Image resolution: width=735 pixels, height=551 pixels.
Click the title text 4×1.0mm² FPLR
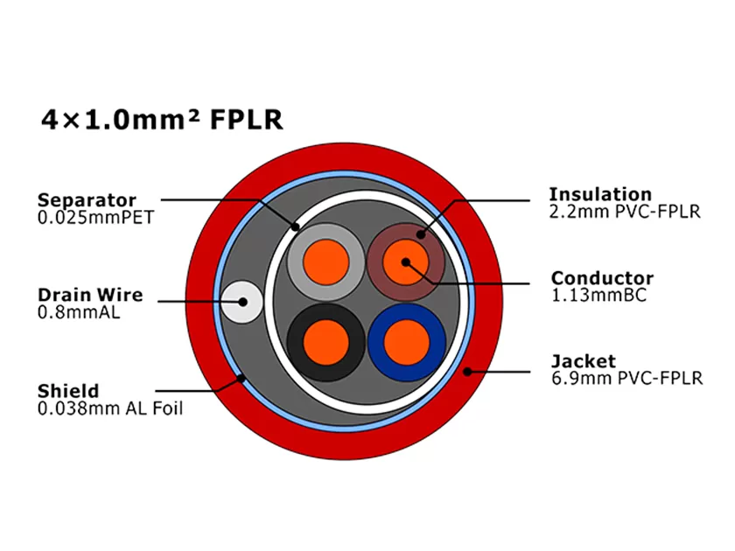click(x=162, y=119)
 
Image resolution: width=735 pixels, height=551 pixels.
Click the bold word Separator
click(x=87, y=200)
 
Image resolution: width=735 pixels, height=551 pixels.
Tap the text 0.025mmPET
click(x=95, y=217)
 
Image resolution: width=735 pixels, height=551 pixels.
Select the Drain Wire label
click(x=89, y=295)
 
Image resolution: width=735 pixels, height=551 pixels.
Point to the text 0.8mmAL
click(x=79, y=311)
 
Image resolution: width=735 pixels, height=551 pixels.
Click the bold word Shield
click(x=68, y=390)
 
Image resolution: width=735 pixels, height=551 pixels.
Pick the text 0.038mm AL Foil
click(x=110, y=408)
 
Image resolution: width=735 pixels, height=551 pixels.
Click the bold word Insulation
click(x=600, y=193)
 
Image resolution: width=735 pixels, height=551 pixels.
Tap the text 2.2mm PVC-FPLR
click(x=624, y=211)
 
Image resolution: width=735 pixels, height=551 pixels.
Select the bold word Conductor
click(x=602, y=278)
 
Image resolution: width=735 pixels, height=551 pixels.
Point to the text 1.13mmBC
click(x=598, y=296)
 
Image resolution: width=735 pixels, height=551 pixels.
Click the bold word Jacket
click(x=583, y=360)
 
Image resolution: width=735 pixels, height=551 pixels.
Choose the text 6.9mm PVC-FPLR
click(x=626, y=378)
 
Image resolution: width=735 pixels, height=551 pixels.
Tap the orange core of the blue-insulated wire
click(x=404, y=341)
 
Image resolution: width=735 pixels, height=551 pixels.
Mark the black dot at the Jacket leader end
click(x=468, y=371)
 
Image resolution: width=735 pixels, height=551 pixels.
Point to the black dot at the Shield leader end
click(x=241, y=379)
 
